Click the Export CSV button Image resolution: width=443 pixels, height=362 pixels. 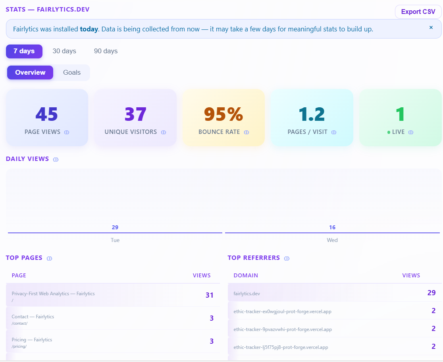[x=418, y=12]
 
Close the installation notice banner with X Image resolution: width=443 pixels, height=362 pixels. [x=431, y=27]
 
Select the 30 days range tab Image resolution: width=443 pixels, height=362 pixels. [x=64, y=51]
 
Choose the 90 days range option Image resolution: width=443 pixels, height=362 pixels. [x=106, y=51]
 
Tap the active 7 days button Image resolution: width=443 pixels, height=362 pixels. [x=24, y=51]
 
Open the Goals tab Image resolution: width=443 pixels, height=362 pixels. [x=72, y=72]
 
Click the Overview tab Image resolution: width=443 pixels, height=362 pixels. [x=30, y=72]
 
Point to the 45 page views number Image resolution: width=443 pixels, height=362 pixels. [x=47, y=114]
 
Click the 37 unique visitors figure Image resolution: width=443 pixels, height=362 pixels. [x=135, y=114]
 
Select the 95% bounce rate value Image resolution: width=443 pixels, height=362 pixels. [x=223, y=114]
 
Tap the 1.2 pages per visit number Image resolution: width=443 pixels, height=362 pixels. [x=312, y=114]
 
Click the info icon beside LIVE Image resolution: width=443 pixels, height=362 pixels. [x=411, y=132]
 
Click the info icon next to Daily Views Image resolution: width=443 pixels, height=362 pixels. [x=56, y=159]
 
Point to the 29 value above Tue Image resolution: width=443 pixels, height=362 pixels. [x=115, y=227]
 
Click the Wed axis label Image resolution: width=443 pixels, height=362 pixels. [x=332, y=240]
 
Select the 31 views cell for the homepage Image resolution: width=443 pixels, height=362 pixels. [x=209, y=295]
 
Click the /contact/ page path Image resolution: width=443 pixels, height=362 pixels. [x=19, y=323]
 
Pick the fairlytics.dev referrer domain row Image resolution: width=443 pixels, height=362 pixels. [x=247, y=293]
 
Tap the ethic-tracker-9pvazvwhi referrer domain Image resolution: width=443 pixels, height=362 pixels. [x=283, y=329]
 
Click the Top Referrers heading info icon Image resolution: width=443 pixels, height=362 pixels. [x=287, y=258]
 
